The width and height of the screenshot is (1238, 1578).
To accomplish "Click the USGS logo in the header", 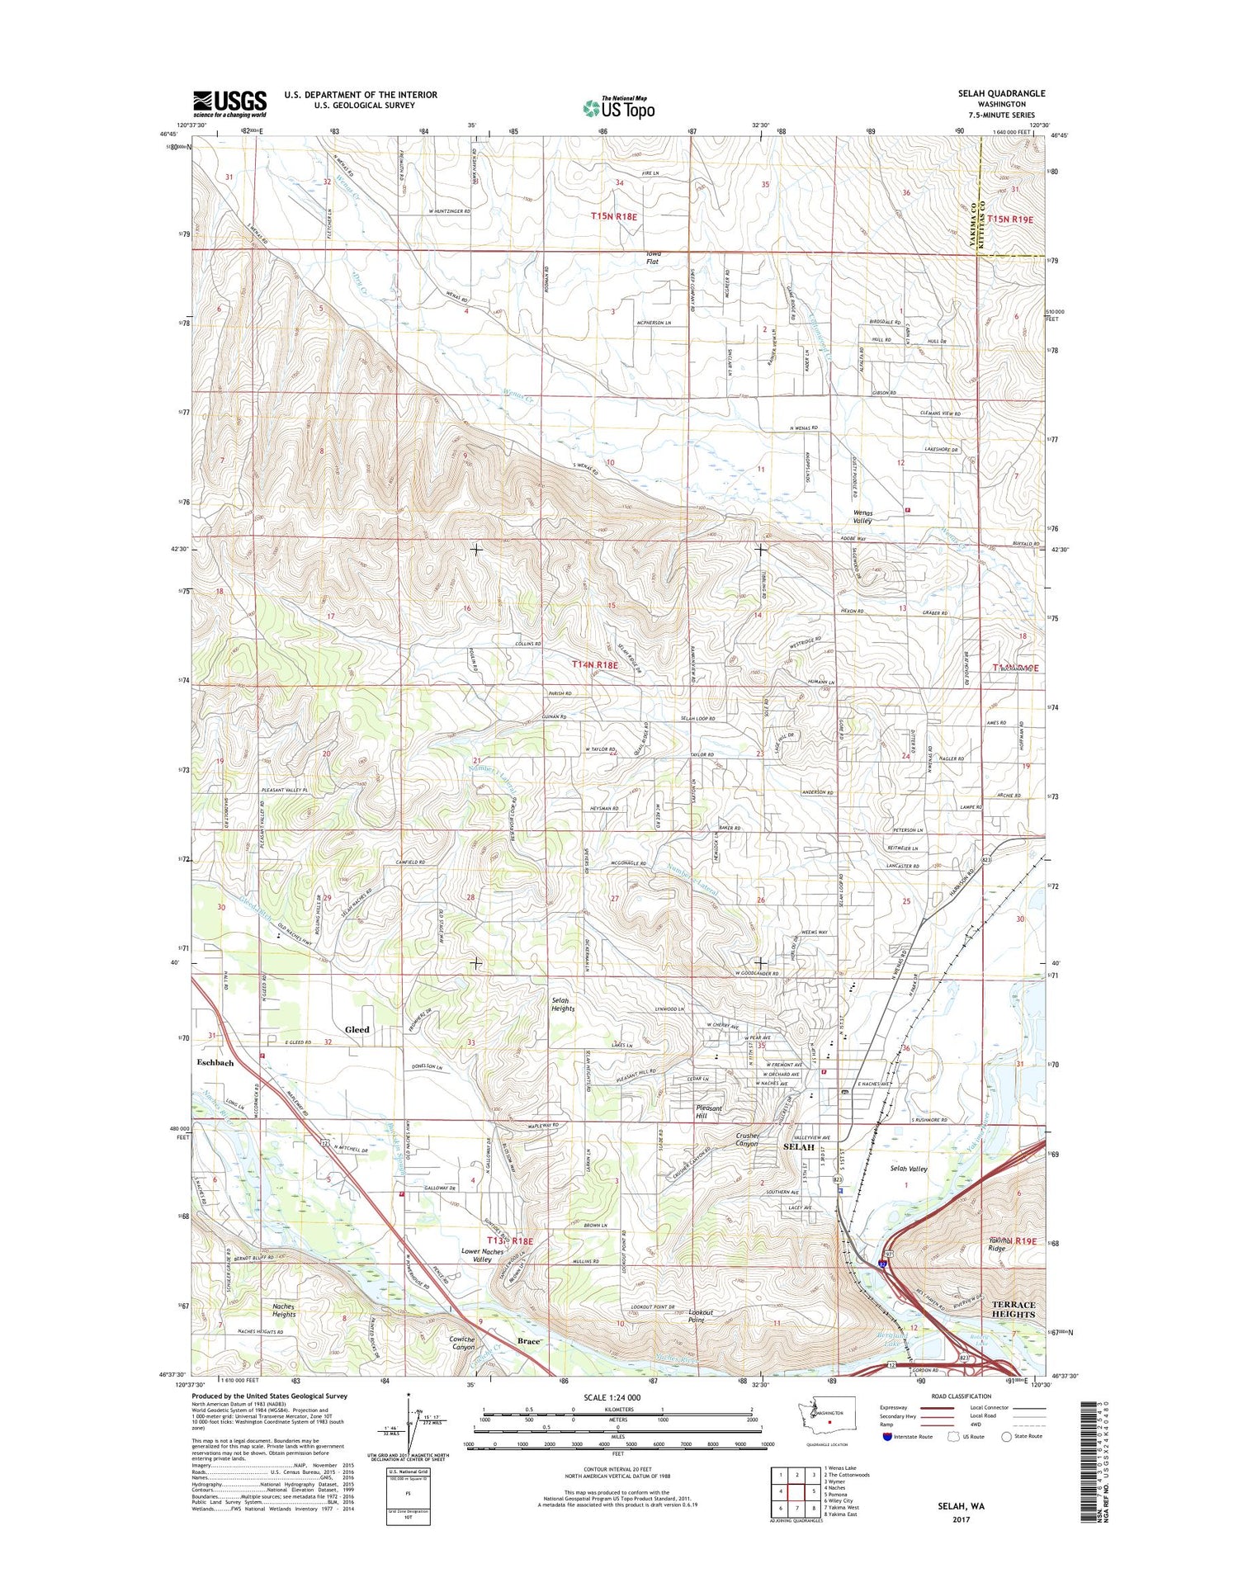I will tap(229, 103).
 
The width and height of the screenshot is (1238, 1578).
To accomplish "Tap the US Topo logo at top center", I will tap(619, 107).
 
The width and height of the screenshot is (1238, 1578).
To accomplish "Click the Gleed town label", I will tap(357, 1029).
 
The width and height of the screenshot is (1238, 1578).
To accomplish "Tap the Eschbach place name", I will tap(215, 1063).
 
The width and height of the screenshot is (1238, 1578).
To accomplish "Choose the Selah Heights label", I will tap(563, 1004).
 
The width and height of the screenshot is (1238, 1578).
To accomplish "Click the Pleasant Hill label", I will tap(709, 1112).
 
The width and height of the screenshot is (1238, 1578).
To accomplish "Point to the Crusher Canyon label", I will tap(747, 1140).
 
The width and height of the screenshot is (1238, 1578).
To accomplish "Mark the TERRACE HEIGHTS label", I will tap(1013, 1309).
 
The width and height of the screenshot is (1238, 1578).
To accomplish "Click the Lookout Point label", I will tap(701, 1316).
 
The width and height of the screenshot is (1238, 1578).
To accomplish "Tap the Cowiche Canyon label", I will tap(462, 1343).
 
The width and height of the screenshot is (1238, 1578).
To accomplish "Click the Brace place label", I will tap(528, 1341).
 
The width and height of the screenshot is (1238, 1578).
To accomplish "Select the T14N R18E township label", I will tap(595, 664).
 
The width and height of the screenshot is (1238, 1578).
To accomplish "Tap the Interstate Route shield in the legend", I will tap(887, 1436).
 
